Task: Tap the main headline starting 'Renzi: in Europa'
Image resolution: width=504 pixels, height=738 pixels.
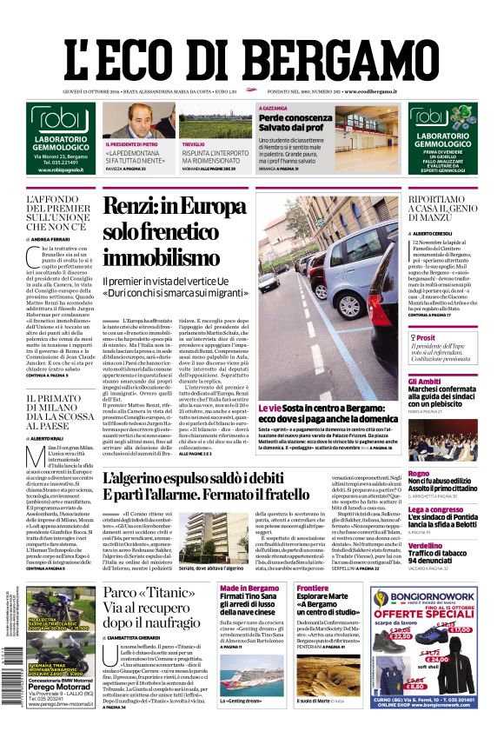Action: tap(175, 231)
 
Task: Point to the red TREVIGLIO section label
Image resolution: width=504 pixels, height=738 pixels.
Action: tap(194, 143)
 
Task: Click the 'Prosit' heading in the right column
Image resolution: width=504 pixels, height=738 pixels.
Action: tap(426, 338)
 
